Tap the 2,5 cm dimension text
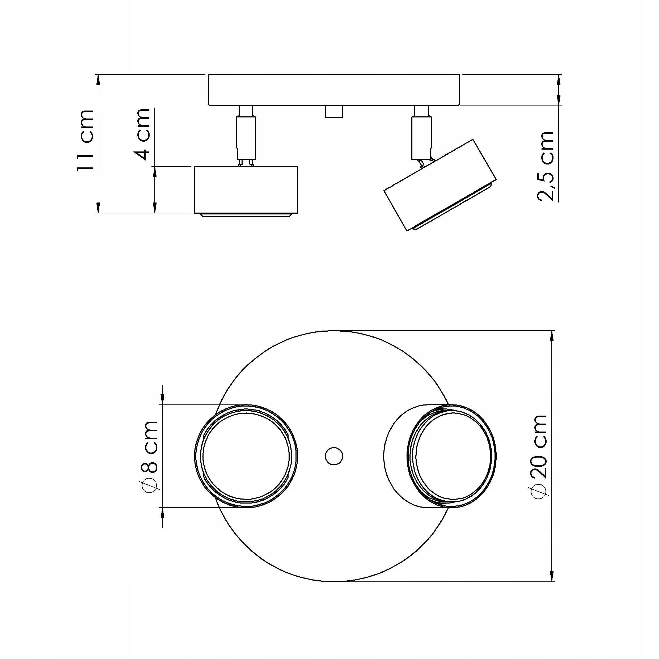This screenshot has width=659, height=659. [x=545, y=166]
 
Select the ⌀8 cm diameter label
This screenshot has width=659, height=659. [x=149, y=457]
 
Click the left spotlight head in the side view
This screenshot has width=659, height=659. [x=246, y=190]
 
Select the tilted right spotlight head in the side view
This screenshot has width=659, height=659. [x=440, y=185]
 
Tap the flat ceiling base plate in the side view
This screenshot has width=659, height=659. [x=334, y=90]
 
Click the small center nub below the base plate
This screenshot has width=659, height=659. [x=334, y=112]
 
